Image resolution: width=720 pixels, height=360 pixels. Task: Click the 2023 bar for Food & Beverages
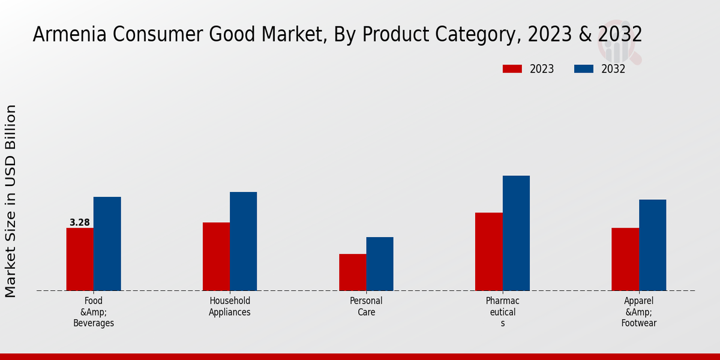[x=80, y=259]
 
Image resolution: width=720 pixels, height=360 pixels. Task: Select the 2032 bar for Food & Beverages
[x=107, y=244]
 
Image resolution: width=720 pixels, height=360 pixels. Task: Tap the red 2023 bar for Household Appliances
[x=216, y=256]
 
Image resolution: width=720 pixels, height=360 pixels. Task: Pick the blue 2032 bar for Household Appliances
[x=243, y=241]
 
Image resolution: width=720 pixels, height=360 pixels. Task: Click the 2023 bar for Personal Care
[x=352, y=272]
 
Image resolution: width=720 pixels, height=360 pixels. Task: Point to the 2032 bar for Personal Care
[x=380, y=264]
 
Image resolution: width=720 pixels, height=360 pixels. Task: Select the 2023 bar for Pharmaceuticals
[x=488, y=251]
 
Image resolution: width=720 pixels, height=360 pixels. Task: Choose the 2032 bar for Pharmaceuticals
[x=516, y=233]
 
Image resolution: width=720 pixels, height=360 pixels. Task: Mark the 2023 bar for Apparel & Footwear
[x=625, y=259]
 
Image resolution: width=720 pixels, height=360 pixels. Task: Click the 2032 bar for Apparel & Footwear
[x=652, y=245]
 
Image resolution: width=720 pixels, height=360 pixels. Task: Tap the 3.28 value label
[x=80, y=223]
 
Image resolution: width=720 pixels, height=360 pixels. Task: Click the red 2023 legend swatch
[x=512, y=69]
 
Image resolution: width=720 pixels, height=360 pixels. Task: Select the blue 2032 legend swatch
[x=584, y=69]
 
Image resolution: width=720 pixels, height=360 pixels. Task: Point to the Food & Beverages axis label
[x=94, y=312]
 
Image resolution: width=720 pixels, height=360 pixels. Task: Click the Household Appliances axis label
[x=230, y=307]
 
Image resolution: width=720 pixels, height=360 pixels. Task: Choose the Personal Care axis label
[x=366, y=307]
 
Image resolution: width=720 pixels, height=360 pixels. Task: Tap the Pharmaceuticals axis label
[x=503, y=312]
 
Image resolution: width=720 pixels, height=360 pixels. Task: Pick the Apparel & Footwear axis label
[x=639, y=312]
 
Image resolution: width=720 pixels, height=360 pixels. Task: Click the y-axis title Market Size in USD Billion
[x=11, y=201]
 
